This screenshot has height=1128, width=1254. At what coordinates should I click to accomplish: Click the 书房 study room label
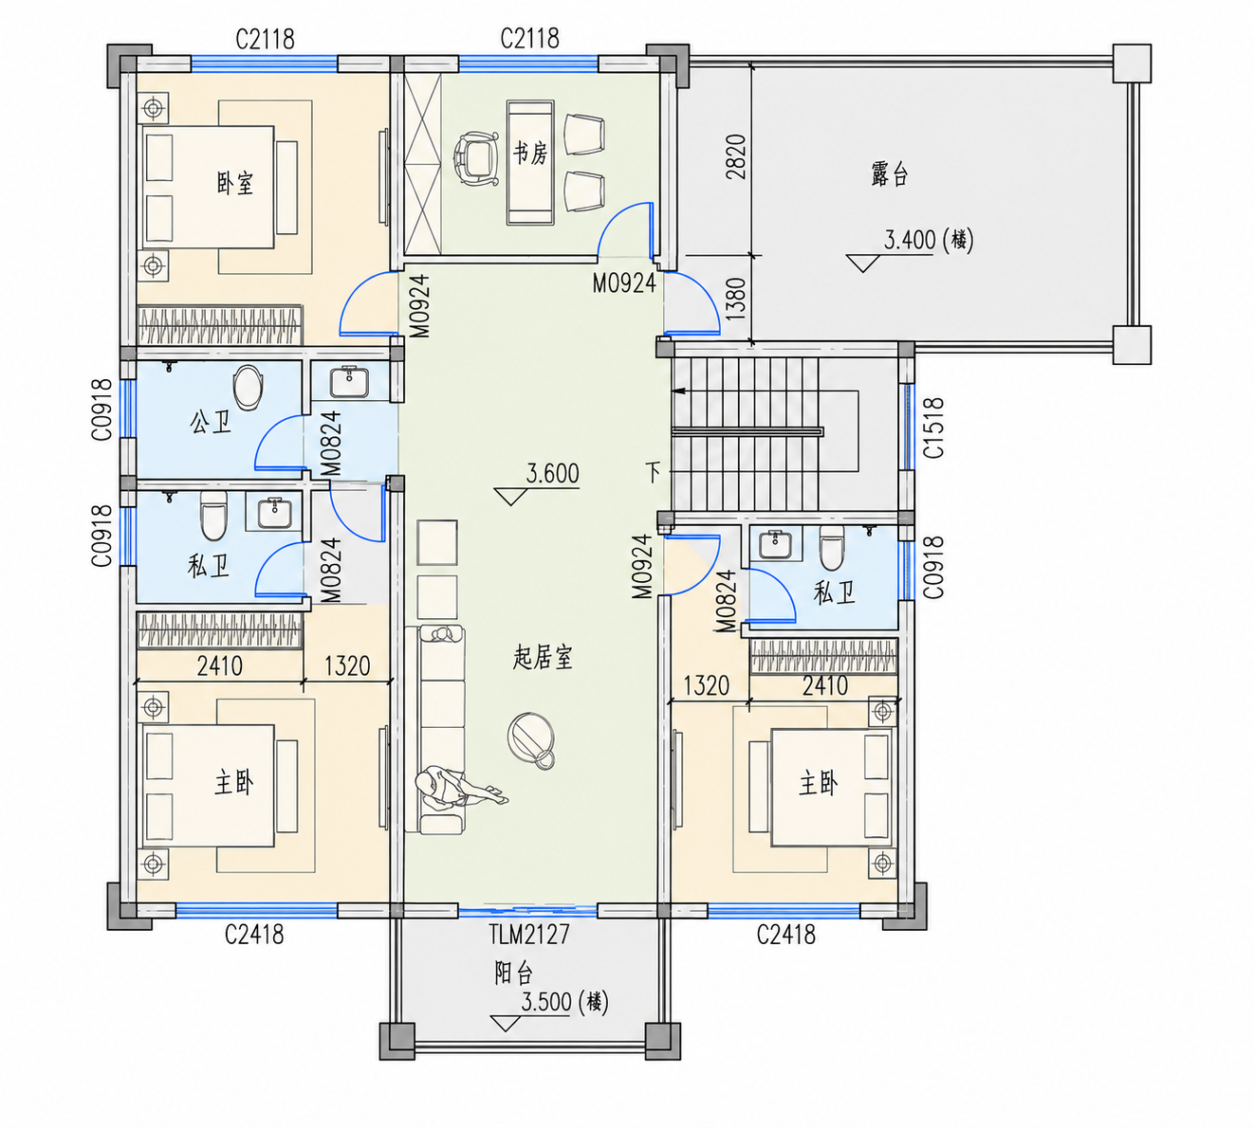(530, 153)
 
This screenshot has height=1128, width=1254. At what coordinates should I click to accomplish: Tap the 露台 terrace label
(889, 173)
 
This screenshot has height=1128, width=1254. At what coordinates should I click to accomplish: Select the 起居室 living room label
(542, 658)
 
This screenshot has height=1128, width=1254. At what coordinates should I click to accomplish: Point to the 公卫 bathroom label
(210, 423)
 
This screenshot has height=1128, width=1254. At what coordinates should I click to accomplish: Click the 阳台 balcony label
(514, 973)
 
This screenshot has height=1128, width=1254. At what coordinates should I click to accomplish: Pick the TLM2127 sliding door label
(529, 935)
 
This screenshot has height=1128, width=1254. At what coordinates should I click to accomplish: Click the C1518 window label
(933, 428)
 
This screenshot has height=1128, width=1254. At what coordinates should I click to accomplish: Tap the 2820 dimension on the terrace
(736, 156)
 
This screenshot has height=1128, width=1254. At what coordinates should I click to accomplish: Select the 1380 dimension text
(736, 299)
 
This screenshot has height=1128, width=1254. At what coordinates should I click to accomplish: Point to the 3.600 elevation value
(553, 474)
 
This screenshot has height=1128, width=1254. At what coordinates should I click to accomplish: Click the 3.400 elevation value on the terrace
(910, 240)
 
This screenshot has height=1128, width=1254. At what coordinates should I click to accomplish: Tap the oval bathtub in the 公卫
(248, 388)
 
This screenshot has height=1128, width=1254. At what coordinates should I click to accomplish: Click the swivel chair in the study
(476, 159)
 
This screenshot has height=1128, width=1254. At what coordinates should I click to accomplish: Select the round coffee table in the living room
(531, 740)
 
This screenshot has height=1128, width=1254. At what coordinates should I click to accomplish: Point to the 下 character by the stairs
(653, 472)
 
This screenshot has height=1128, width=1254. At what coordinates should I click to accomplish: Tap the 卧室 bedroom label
(235, 184)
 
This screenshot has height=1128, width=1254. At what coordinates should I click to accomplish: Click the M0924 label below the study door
(624, 283)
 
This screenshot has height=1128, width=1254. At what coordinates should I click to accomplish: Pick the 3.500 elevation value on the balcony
(546, 1002)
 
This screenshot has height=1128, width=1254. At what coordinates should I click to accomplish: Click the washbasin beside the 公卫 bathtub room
(349, 382)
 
